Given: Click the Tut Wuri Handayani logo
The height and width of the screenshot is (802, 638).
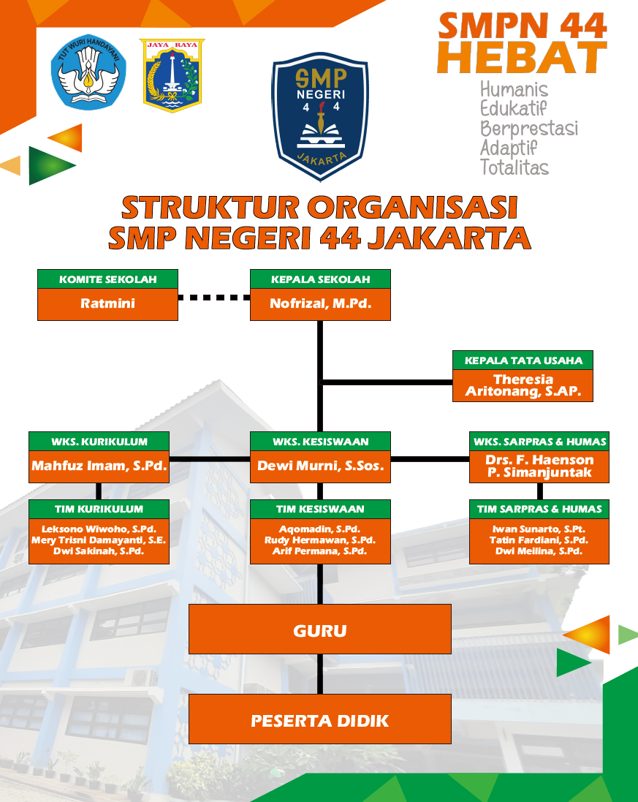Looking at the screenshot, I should click(88, 73).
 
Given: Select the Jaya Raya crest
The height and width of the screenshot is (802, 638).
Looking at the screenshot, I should click(172, 75).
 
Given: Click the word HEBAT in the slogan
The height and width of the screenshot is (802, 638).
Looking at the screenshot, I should click(522, 58).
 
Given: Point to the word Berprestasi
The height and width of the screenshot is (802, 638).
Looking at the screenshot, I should click(528, 129).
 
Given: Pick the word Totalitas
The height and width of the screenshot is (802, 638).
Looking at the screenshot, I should click(514, 167).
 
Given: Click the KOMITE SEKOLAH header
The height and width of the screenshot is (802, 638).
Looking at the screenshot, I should click(107, 279).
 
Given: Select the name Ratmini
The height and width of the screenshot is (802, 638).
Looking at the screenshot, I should click(107, 303).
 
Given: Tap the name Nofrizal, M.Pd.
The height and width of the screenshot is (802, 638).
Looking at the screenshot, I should click(320, 303).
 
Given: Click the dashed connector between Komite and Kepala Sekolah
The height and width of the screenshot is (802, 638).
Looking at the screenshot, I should click(214, 297).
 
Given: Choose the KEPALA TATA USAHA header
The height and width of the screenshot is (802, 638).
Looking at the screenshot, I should click(523, 360).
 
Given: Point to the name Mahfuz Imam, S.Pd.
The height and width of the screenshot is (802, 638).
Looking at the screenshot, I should click(99, 466).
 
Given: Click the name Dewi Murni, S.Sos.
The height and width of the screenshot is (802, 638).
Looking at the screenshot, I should click(320, 466).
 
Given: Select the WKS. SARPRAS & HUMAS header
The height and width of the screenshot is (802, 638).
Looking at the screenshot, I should click(539, 442).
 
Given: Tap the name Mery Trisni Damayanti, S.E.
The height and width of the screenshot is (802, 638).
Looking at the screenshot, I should click(99, 540).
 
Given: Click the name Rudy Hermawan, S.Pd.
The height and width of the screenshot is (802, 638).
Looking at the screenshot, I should click(320, 540).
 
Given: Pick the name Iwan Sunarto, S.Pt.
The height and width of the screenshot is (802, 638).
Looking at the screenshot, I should click(539, 529).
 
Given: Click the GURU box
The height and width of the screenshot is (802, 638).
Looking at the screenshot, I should click(320, 629).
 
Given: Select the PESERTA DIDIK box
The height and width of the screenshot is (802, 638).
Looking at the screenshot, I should click(320, 720).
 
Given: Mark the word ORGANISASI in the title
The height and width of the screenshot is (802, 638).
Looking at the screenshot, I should click(413, 208).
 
